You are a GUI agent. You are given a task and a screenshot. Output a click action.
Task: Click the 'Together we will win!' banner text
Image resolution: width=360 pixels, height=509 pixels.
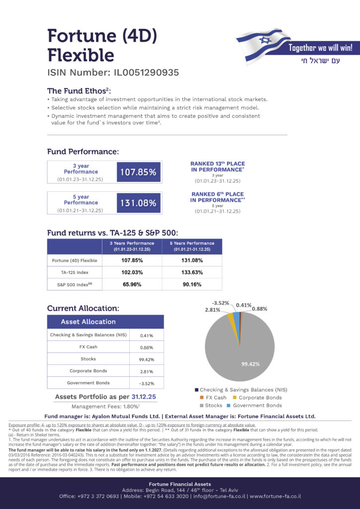tap(321, 48)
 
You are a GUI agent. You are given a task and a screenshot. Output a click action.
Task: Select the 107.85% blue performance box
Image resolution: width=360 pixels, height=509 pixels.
tap(138, 172)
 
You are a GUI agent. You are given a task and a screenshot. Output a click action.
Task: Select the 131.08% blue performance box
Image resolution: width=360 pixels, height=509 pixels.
tap(138, 203)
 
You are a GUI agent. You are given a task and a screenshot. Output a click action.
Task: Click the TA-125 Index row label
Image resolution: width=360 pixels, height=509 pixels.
tap(75, 272)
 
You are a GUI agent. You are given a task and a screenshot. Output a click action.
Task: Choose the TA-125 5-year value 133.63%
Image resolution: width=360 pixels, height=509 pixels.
tap(192, 272)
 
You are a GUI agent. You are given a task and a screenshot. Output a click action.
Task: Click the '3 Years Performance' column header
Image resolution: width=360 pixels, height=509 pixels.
tap(132, 246)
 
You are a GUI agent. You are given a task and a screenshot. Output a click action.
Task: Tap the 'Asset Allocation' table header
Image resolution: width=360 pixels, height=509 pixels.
tap(89, 322)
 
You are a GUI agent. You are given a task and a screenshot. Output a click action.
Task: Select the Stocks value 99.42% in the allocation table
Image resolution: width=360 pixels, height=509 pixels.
tap(146, 359)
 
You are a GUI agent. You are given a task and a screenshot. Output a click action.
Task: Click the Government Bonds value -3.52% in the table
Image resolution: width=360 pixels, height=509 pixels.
tap(146, 383)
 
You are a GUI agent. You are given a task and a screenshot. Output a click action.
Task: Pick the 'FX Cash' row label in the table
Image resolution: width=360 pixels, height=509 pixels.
tap(88, 346)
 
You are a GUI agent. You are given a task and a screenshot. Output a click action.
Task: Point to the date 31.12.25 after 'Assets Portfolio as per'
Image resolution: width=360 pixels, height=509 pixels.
tap(144, 397)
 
